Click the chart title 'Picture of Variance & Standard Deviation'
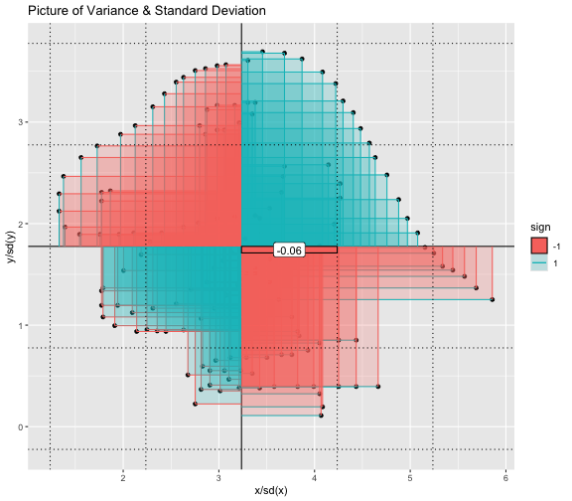tap(147, 11)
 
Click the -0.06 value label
tap(289, 250)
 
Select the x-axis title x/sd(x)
tap(271, 490)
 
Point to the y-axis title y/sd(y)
tap(11, 247)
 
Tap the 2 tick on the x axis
tap(123, 478)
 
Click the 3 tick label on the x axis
tap(218, 478)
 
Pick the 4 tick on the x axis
tap(315, 478)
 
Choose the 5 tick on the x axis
tap(410, 478)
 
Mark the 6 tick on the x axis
tap(505, 478)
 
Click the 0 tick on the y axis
tap(21, 426)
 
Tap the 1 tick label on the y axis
tap(21, 325)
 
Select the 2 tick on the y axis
tap(21, 224)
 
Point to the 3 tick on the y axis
tap(21, 122)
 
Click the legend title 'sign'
tap(540, 227)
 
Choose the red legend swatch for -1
tap(539, 246)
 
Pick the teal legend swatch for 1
tap(539, 262)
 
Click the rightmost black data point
tap(493, 299)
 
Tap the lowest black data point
tap(321, 416)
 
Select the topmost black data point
tap(262, 52)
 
